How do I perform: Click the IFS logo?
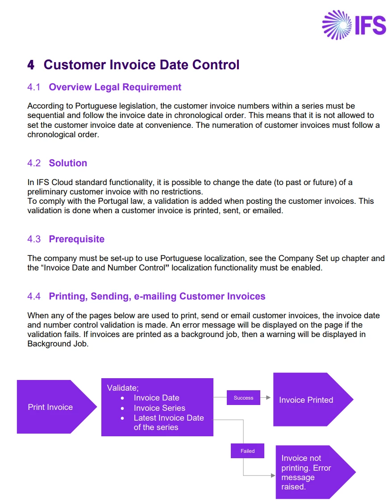coord(354,25)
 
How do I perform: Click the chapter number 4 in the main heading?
coord(31,65)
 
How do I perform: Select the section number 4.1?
coord(34,87)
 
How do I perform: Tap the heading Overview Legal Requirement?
coord(115,87)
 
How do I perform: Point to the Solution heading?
coord(68,163)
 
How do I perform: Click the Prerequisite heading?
coord(76,239)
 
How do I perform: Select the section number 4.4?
coord(34,296)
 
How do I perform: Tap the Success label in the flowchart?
coord(243,398)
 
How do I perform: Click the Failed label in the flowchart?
coord(247,451)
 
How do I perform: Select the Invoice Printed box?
coord(313,400)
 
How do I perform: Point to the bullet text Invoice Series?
coord(159,408)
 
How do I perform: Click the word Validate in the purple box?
coord(122,388)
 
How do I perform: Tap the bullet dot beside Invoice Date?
coord(122,398)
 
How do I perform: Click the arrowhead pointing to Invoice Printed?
coord(268,398)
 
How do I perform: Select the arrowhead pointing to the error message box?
coord(273,476)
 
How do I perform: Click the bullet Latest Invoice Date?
coord(168,422)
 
